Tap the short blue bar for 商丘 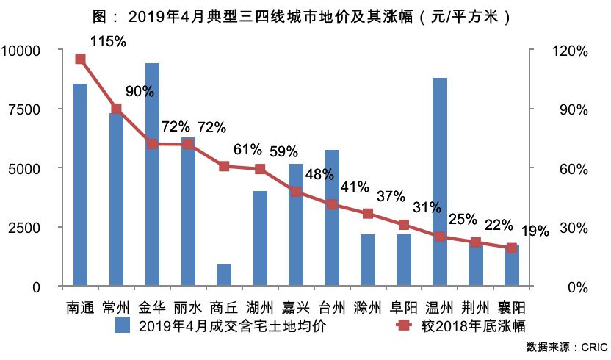pos(224,275)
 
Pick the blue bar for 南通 pos(80,184)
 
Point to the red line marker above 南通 pos(80,59)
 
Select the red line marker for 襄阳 pos(512,248)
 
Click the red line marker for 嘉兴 pos(296,192)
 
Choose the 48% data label pos(319,175)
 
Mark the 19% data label pos(535,231)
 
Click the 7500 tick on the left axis pos(29,109)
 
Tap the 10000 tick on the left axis pos(26,51)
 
